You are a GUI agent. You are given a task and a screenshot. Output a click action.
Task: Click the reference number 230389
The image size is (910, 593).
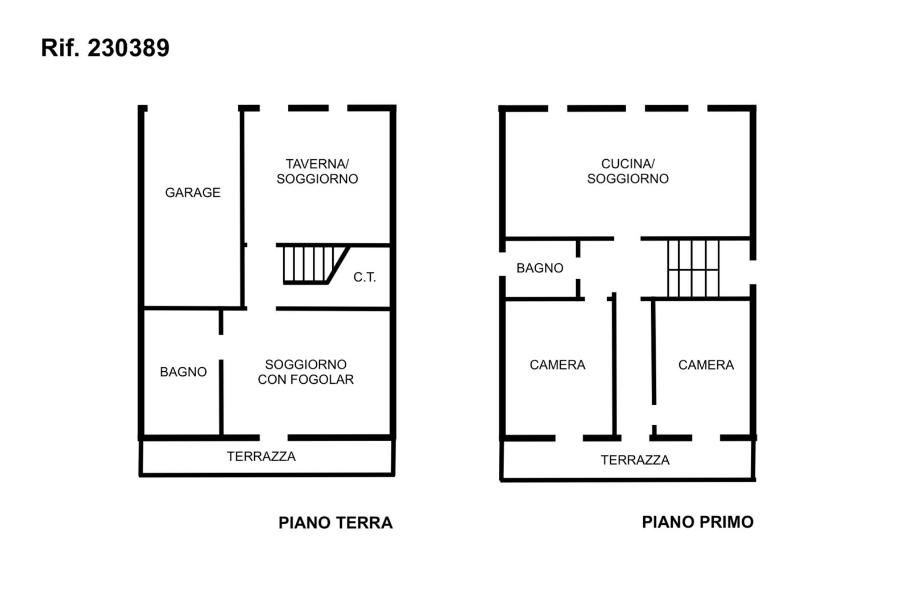point(129,48)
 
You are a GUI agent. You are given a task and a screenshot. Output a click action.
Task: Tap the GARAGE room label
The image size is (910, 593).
point(193,193)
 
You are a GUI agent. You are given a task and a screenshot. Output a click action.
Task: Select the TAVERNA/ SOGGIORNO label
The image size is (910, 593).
point(317,171)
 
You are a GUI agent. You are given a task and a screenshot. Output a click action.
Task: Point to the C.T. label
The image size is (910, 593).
point(365,277)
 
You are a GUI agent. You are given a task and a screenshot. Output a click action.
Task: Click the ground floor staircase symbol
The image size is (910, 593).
point(313,264)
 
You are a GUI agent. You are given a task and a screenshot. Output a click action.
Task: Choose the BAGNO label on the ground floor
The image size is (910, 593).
point(183,372)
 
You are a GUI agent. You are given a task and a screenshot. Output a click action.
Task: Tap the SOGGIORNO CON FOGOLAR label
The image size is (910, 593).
point(306,372)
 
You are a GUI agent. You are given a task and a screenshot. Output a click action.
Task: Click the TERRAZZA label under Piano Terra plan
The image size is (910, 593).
point(261,457)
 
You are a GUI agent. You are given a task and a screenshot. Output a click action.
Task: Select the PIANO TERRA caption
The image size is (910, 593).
point(336,523)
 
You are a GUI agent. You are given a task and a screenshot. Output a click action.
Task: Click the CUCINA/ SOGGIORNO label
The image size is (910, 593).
point(628,171)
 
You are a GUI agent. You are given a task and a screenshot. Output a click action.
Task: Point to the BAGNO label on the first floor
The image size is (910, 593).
point(540,268)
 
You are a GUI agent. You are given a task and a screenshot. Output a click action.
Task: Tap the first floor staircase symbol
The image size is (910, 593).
point(693,268)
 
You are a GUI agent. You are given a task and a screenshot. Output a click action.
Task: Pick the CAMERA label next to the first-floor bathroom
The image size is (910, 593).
point(557,365)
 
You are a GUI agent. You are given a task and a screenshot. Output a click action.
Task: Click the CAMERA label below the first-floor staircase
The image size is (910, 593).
point(706,365)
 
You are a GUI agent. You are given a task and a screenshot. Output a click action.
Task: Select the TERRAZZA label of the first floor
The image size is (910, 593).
point(635,460)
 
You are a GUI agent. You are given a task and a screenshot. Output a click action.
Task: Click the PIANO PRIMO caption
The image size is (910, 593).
point(697,522)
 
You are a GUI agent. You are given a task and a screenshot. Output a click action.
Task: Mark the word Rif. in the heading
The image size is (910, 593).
point(60,48)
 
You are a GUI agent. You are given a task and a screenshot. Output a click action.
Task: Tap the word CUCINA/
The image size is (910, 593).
point(628,164)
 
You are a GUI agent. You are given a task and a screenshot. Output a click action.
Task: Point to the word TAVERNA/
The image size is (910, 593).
point(317,164)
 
